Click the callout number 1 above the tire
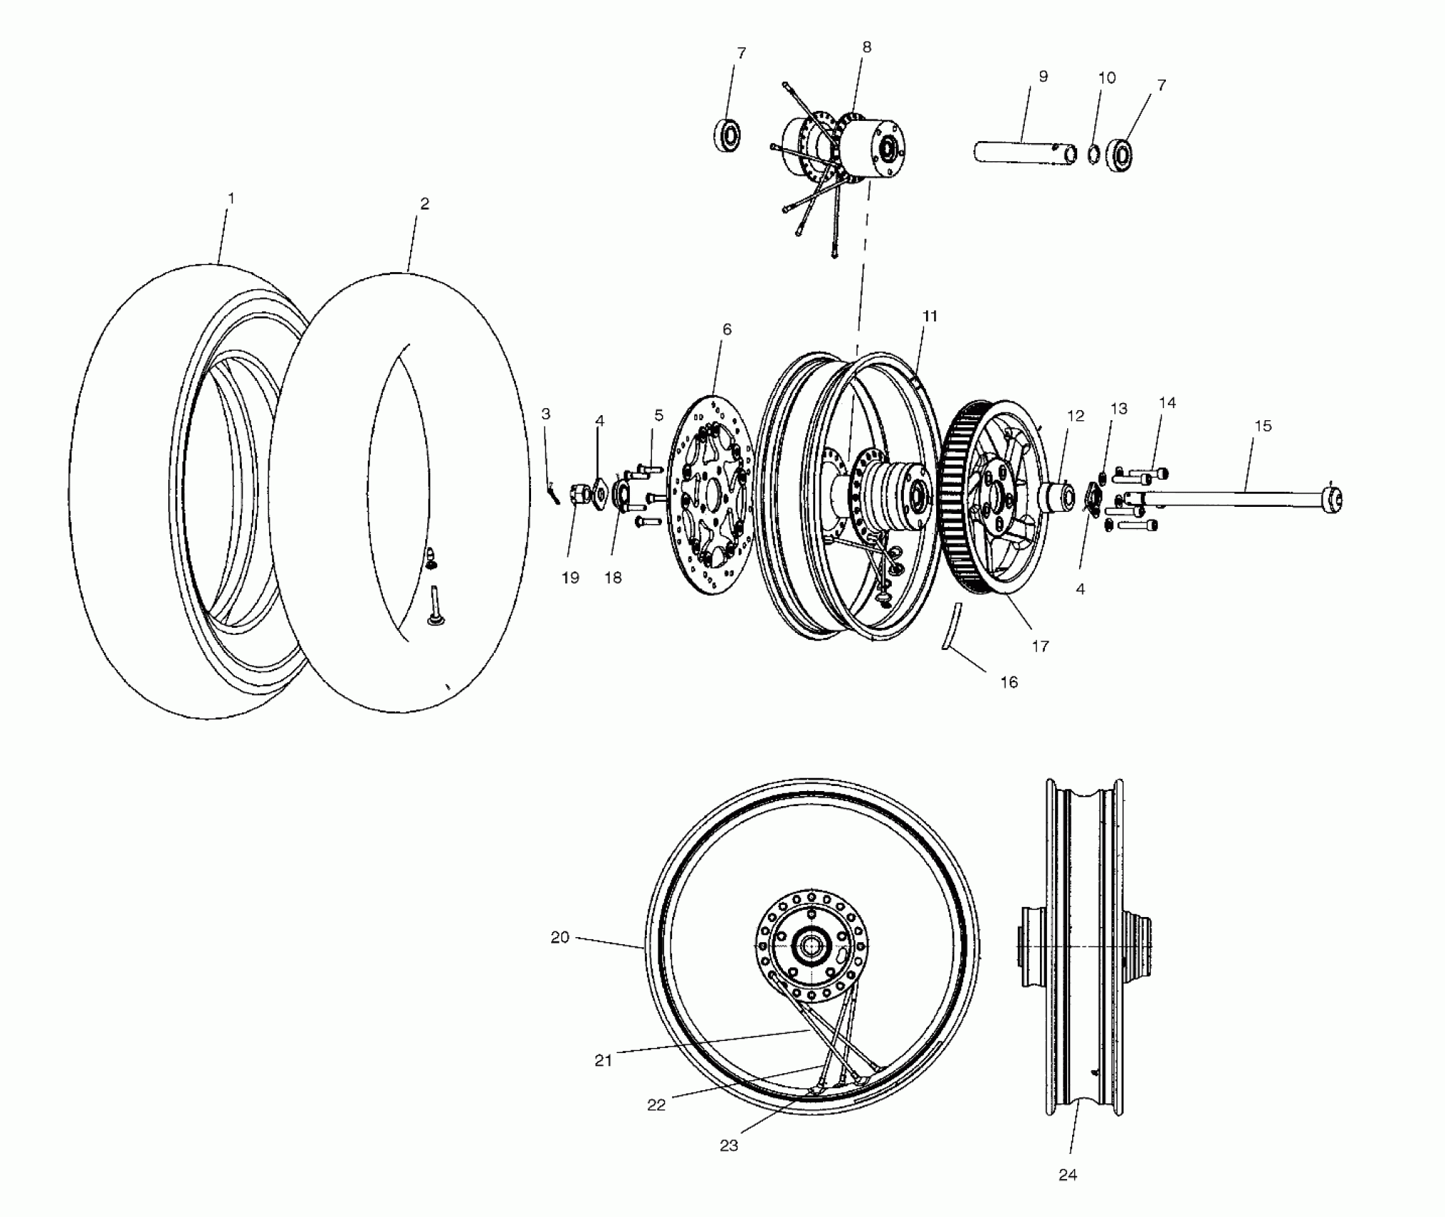[230, 198]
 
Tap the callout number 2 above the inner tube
[424, 204]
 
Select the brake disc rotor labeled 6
[713, 494]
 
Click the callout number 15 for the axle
[1263, 426]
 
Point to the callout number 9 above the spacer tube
[1043, 77]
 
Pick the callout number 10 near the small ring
[1106, 78]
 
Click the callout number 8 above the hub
[867, 47]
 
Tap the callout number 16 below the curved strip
[1008, 682]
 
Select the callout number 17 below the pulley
[1040, 646]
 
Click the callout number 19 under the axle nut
[570, 578]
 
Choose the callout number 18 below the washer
[613, 578]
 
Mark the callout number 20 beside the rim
[560, 937]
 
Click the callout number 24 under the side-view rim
[1067, 1175]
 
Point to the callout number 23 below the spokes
[729, 1145]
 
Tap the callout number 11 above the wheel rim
[930, 316]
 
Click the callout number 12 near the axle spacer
[1076, 416]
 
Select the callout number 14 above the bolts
[1167, 403]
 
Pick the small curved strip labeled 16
[951, 627]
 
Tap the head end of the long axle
[1333, 499]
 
